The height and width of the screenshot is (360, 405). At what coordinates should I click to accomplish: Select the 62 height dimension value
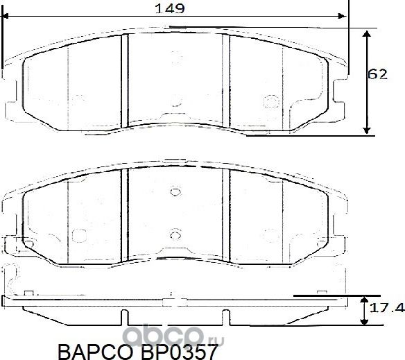click(377, 74)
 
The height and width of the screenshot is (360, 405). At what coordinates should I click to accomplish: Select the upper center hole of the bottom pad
click(175, 193)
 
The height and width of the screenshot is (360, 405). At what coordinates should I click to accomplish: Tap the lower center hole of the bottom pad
click(175, 232)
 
